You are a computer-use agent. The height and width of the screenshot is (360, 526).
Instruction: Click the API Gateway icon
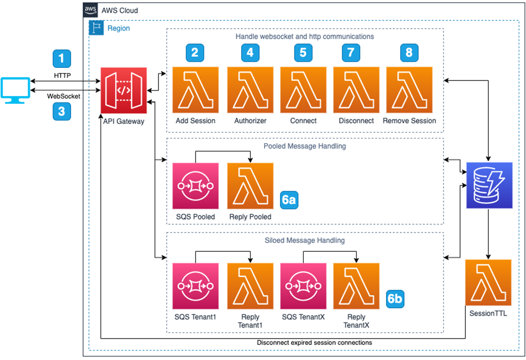tap(124, 90)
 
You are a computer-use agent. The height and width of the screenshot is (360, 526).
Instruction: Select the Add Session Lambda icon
tap(196, 90)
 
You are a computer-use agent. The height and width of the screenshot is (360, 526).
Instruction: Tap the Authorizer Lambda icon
tap(250, 90)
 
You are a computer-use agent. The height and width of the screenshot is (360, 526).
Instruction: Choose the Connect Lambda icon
tap(303, 90)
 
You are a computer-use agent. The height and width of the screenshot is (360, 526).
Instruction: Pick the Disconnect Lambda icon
tap(356, 90)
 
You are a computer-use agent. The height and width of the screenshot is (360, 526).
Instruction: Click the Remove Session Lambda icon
tap(409, 90)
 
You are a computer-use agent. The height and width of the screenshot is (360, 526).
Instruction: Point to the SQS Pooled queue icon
tap(196, 185)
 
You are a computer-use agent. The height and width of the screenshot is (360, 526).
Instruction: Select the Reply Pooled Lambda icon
tap(250, 185)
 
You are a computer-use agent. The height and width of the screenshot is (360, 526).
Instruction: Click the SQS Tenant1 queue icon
tap(196, 286)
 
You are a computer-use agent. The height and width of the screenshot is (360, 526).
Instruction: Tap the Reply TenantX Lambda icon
tap(356, 286)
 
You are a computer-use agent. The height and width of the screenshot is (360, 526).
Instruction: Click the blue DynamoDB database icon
tap(489, 185)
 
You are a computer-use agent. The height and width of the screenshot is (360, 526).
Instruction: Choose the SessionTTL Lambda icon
tap(488, 283)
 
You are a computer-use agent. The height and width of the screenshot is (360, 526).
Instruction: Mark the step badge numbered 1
tap(62, 59)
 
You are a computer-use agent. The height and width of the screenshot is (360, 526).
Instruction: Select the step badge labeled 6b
tap(395, 298)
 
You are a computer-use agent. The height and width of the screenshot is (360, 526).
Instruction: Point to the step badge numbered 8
tap(409, 52)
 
